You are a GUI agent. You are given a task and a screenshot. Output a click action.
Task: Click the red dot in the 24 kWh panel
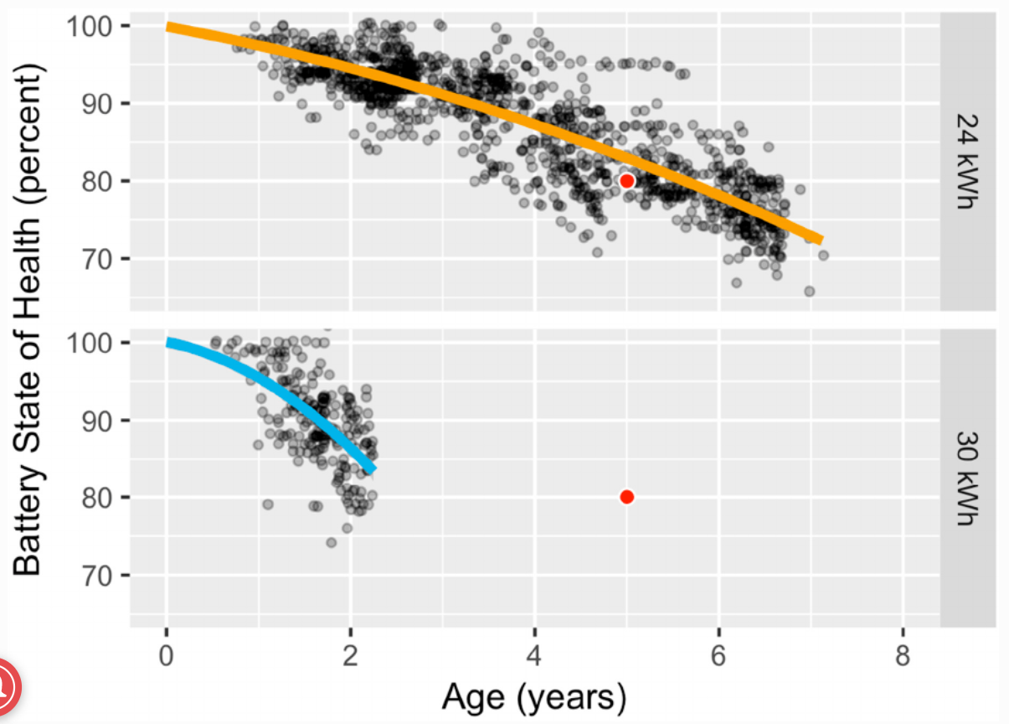tap(626, 181)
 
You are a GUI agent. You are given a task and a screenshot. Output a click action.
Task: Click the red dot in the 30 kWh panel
tap(626, 497)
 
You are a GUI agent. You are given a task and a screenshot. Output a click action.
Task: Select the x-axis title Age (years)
tap(534, 696)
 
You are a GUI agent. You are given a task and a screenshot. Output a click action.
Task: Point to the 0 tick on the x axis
tap(167, 657)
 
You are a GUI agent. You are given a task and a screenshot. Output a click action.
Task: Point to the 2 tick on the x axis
tap(351, 657)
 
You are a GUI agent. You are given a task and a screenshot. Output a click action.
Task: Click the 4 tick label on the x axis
tap(534, 657)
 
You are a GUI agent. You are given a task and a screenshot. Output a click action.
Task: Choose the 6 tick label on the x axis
tap(718, 657)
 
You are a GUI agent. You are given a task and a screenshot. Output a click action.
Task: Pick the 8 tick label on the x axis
tap(902, 657)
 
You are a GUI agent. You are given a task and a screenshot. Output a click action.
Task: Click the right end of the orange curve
tap(820, 240)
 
